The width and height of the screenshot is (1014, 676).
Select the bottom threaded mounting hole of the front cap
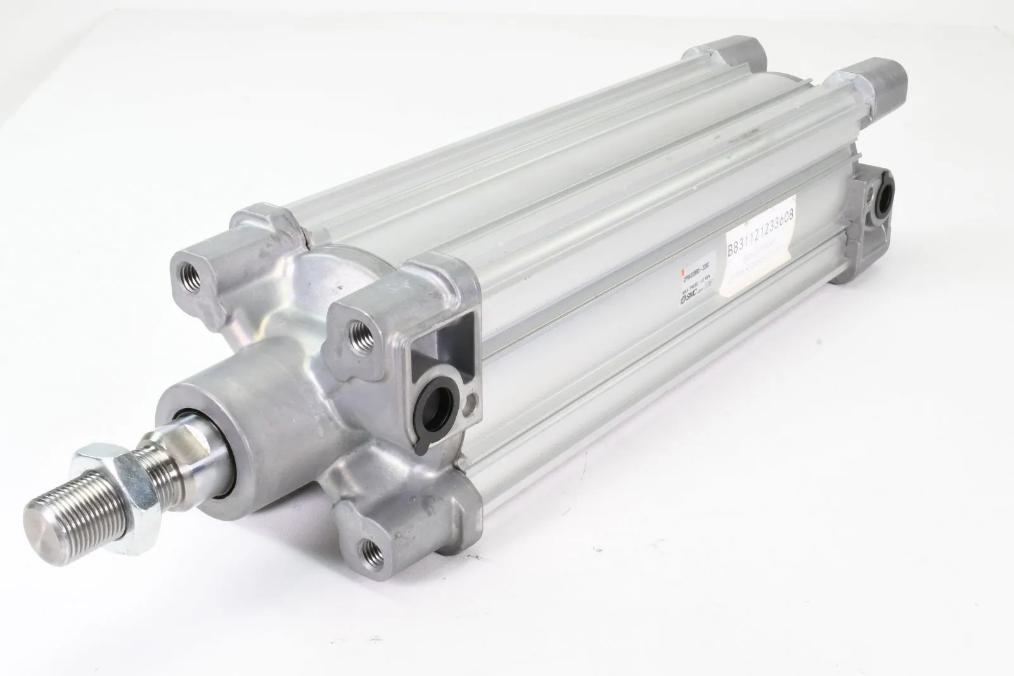(368, 544)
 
